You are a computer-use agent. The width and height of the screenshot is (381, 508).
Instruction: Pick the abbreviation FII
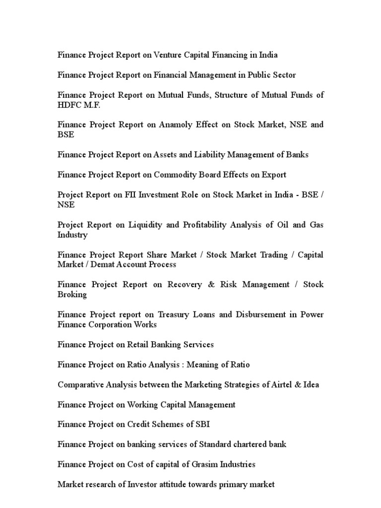tap(131, 194)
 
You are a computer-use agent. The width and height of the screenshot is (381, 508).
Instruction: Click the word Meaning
tap(203, 365)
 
